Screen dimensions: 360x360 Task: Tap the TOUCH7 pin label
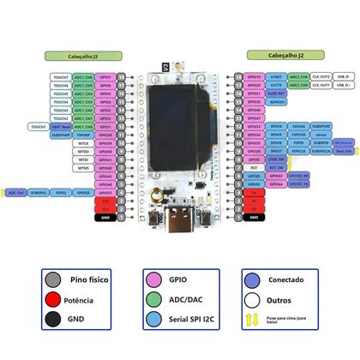60,77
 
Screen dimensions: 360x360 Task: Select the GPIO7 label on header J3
105,77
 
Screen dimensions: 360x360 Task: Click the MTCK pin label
83,143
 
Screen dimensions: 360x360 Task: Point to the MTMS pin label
83,168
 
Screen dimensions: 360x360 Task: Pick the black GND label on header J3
105,218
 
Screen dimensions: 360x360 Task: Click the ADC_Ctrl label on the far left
16,193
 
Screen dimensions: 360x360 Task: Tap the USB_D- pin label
344,77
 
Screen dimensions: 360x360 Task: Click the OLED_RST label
276,93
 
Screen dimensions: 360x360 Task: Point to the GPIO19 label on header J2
254,77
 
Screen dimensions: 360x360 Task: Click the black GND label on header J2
254,218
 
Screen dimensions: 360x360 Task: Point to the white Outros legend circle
251,301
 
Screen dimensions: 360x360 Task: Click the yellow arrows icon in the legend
251,321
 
